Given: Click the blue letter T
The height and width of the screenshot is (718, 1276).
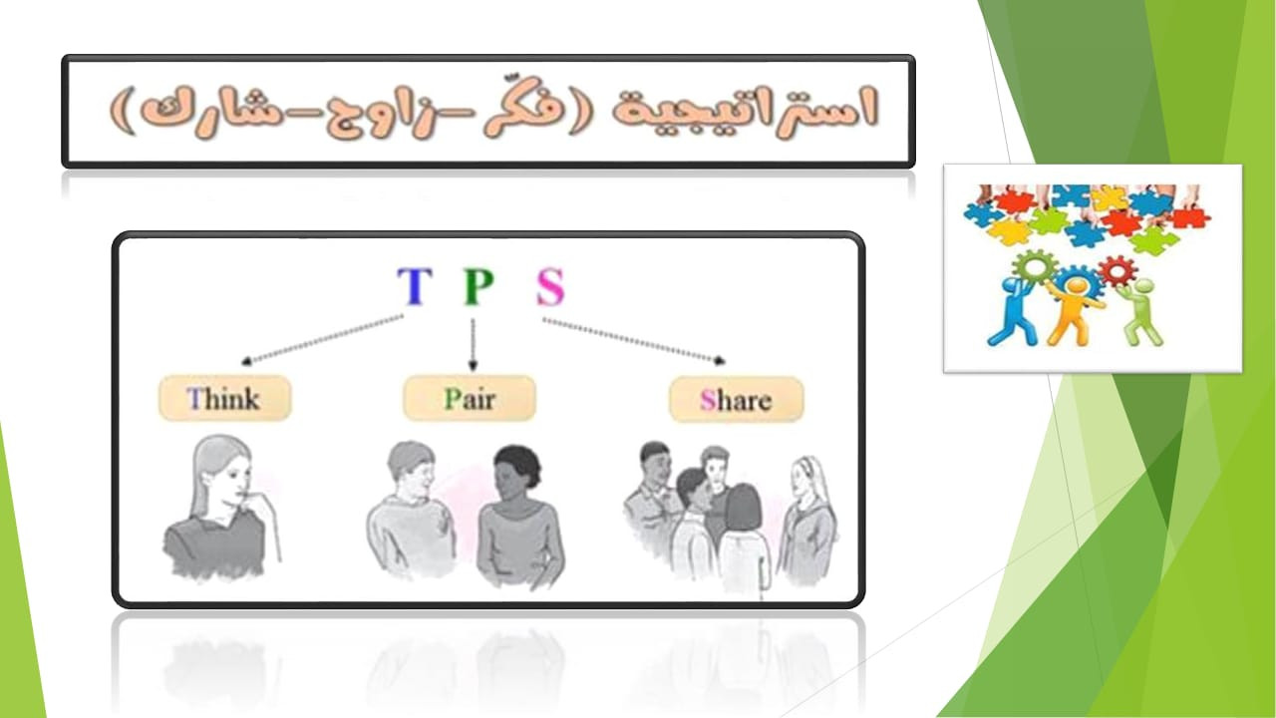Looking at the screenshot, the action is tap(414, 286).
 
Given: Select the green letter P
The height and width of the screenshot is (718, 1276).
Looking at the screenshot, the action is tap(478, 286).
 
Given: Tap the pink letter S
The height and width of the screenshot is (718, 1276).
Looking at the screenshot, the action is tap(550, 286).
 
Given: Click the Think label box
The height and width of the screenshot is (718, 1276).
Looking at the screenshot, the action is tap(224, 398).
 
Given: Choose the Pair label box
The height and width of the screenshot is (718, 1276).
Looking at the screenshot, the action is tap(470, 398).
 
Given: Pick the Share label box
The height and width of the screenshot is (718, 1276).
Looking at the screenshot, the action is tap(736, 400).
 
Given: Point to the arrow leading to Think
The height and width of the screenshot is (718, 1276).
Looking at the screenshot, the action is tap(322, 339).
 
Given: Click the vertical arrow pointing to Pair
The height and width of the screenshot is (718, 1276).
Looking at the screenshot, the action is tap(473, 345).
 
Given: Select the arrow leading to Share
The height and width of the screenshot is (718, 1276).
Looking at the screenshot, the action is tap(634, 340).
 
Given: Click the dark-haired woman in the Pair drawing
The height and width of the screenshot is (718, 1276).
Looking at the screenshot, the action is tap(519, 519).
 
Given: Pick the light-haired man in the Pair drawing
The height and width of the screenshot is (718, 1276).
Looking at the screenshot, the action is tap(410, 510).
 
